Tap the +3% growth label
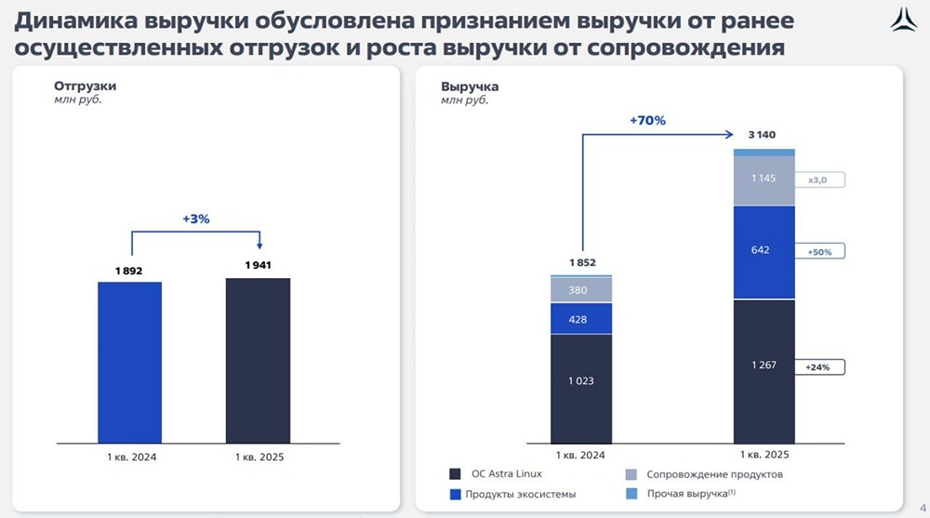pos(196,219)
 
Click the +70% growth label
pos(647,121)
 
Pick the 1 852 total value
pos(580,263)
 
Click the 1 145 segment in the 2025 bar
pos(764,179)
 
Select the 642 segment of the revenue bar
pos(764,251)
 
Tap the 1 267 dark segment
pos(764,367)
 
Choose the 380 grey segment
pos(581,289)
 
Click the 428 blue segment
pos(581,319)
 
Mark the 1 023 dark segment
pos(581,381)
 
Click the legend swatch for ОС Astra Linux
pos(455,473)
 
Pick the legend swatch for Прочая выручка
pos(628,494)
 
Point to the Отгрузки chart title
pos(79,86)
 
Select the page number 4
pos(922,509)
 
